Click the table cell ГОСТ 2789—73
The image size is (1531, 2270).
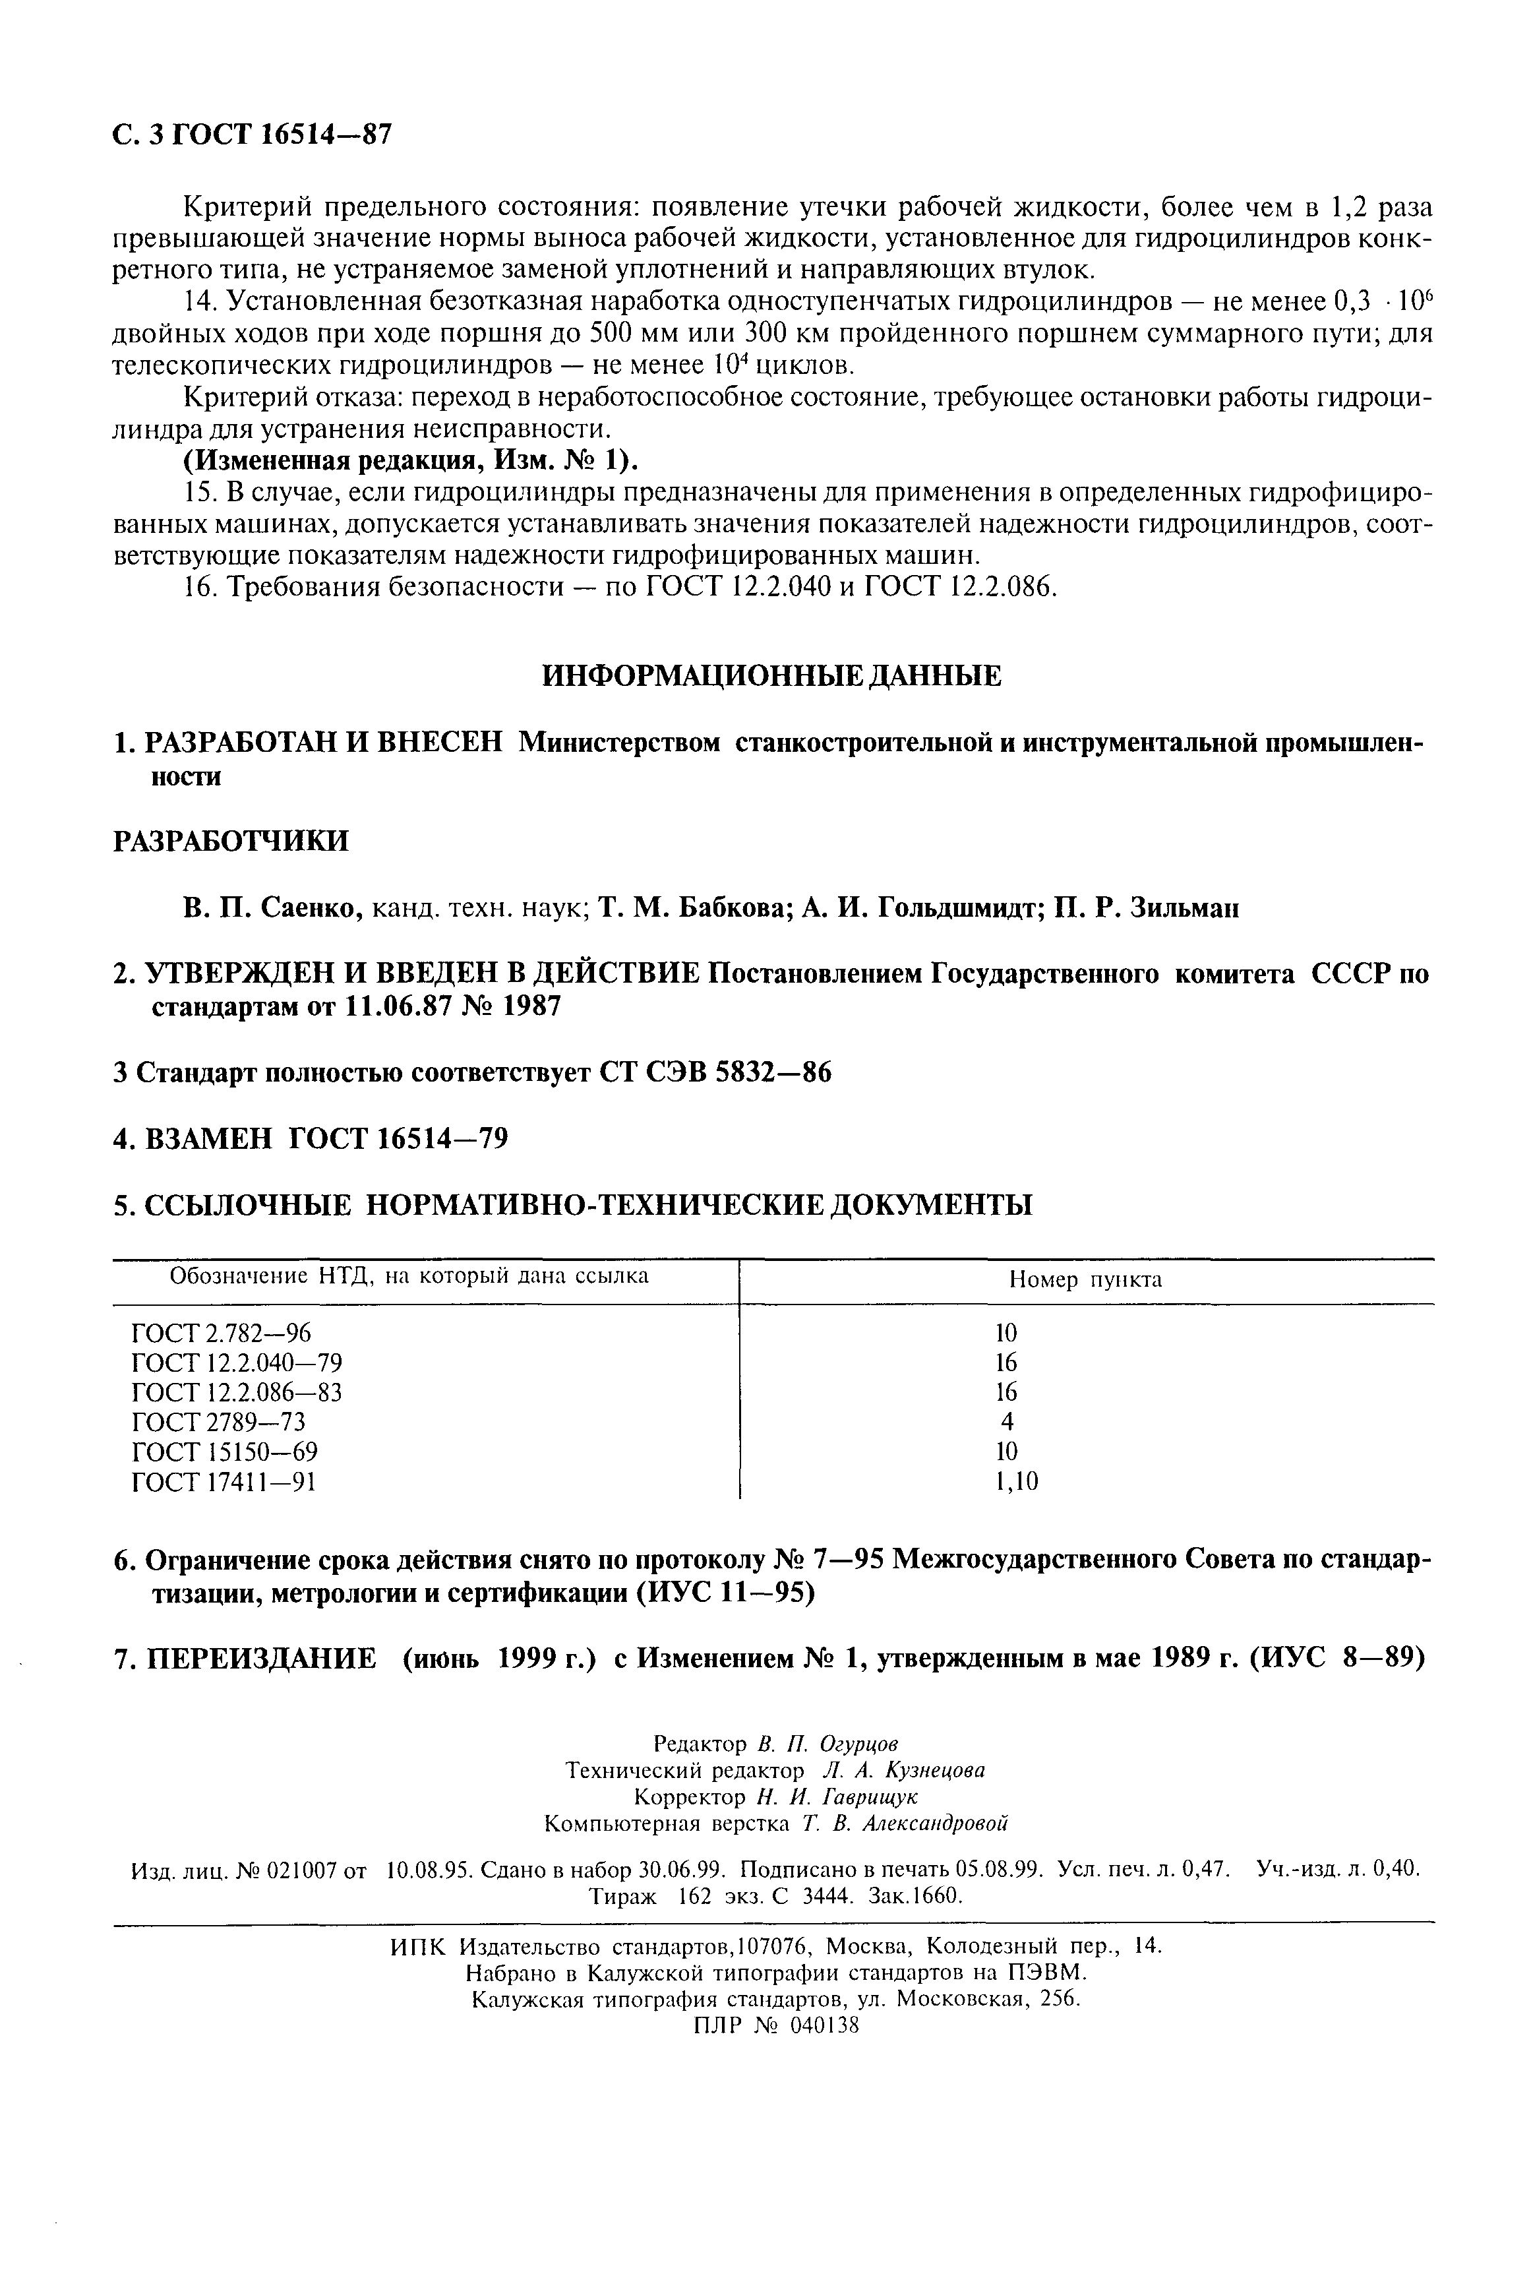tap(218, 1423)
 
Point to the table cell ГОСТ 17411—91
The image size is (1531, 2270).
tap(224, 1482)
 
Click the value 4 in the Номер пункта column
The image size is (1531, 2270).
tap(1007, 1423)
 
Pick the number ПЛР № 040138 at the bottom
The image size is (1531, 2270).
tap(775, 2026)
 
